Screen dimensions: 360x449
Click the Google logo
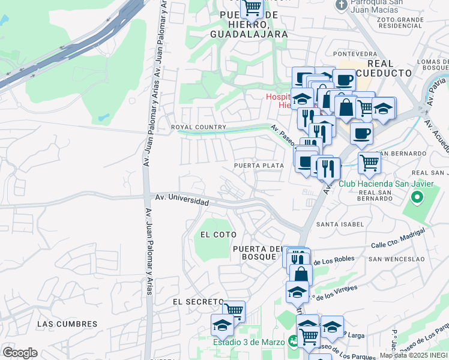tap(20, 353)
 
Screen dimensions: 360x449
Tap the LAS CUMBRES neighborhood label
tap(67, 324)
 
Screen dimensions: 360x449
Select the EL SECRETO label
tap(193, 301)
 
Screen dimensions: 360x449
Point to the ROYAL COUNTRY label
tap(199, 127)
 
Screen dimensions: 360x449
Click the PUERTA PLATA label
tap(259, 166)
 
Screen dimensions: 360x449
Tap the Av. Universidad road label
tap(182, 199)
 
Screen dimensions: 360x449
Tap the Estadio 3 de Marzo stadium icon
tap(293, 341)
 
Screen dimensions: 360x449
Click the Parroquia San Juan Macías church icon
tap(341, 5)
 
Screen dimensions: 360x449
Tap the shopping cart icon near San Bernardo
tap(369, 162)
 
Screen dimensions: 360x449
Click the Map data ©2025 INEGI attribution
tap(414, 355)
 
